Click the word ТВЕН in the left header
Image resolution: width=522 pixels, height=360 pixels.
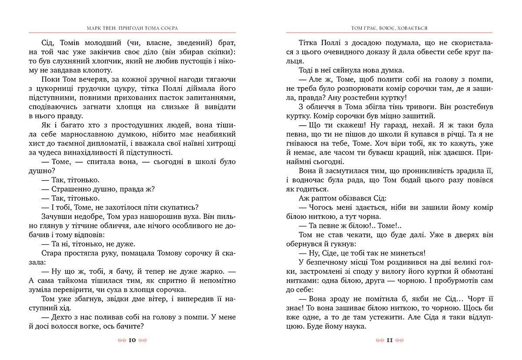coord(109,28)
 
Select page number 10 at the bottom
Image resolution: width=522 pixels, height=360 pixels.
coord(133,340)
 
